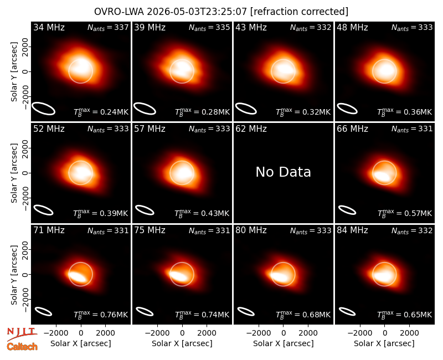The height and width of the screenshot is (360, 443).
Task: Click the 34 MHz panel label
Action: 49,27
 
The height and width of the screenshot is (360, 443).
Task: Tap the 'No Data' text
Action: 283,172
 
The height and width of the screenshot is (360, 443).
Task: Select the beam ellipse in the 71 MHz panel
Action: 43,311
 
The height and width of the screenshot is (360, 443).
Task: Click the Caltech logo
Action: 22,346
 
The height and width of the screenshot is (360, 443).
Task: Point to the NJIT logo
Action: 22,334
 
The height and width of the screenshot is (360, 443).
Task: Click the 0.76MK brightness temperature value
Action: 114,315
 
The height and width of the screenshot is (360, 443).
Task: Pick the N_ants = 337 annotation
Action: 108,27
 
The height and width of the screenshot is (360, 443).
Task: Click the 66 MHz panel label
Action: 352,129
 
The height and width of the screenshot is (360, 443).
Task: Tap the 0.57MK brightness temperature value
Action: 418,213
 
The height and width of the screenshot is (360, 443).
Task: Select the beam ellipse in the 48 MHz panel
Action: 347,109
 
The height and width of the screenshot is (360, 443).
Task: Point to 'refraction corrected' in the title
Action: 300,12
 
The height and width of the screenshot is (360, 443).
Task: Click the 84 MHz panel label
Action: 352,230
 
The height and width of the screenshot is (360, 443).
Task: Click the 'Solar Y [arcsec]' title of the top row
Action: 14,72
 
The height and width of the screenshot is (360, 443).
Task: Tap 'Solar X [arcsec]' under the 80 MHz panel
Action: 283,343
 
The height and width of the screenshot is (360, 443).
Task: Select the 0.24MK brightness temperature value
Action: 114,112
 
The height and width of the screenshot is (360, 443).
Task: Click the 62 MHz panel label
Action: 251,129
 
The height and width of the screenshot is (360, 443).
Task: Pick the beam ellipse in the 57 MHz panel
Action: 145,210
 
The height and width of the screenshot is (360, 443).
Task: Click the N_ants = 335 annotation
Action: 209,27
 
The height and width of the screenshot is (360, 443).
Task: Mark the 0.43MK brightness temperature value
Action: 215,213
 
